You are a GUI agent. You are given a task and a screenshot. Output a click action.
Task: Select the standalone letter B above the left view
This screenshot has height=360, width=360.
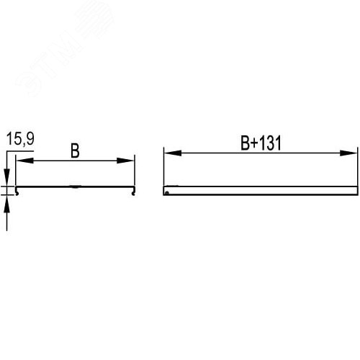[74, 151]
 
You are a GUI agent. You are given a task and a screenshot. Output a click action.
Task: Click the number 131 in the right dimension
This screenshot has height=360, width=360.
[268, 143]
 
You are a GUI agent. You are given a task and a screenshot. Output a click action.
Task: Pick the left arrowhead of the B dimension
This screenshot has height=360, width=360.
[20, 160]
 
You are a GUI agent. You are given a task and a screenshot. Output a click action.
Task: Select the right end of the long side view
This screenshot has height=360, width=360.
[356, 191]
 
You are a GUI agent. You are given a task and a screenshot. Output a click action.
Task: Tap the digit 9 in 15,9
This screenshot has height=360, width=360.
[28, 139]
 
